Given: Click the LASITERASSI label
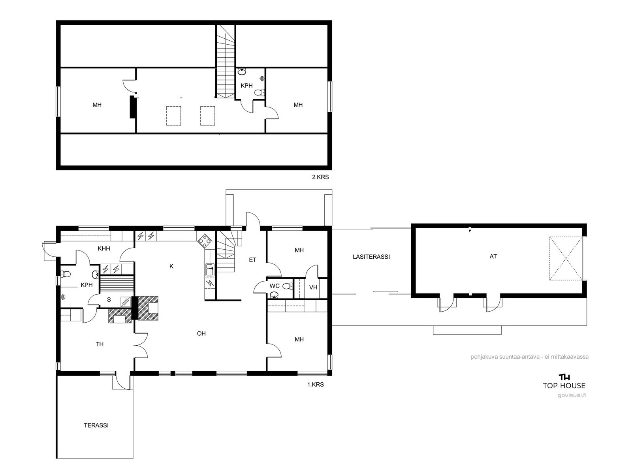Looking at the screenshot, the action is (371, 257).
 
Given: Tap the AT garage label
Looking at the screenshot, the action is (493, 256).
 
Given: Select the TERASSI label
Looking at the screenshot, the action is (96, 425).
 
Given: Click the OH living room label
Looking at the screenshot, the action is (201, 333).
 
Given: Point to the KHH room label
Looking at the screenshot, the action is (103, 249).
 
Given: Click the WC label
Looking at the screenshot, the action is (275, 286).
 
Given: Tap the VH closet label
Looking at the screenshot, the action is (313, 287).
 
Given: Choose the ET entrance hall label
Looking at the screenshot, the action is (252, 260).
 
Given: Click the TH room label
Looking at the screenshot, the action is (100, 344).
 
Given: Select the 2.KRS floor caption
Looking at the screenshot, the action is (320, 177).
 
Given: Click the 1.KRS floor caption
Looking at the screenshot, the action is (316, 384).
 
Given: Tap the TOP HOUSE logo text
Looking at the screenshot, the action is (564, 386).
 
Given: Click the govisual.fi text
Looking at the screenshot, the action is (572, 395).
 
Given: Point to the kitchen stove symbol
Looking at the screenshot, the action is (205, 241).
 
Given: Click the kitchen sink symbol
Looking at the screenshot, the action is (210, 270).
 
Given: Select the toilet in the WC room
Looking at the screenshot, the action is (288, 286).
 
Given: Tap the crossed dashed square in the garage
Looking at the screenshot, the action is (566, 258).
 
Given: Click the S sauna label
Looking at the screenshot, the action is (109, 300).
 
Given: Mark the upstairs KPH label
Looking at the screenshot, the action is (247, 86).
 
